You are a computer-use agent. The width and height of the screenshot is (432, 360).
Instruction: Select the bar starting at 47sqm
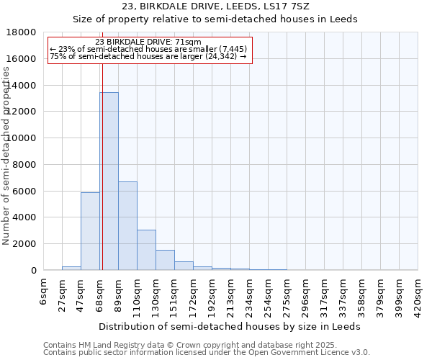(90, 231)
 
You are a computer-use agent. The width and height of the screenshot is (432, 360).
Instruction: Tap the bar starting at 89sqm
(127, 225)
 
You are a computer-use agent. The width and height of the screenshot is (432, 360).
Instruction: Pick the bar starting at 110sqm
(146, 250)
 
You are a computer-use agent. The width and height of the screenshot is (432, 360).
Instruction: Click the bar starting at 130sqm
(165, 260)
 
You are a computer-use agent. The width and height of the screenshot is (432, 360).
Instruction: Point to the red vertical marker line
(102, 180)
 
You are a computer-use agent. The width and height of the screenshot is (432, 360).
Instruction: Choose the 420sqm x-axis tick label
(418, 295)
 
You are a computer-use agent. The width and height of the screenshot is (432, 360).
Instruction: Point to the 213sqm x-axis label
(230, 295)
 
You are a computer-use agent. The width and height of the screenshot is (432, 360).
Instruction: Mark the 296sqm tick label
(305, 295)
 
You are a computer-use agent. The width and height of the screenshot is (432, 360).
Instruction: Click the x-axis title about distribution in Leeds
(230, 326)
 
